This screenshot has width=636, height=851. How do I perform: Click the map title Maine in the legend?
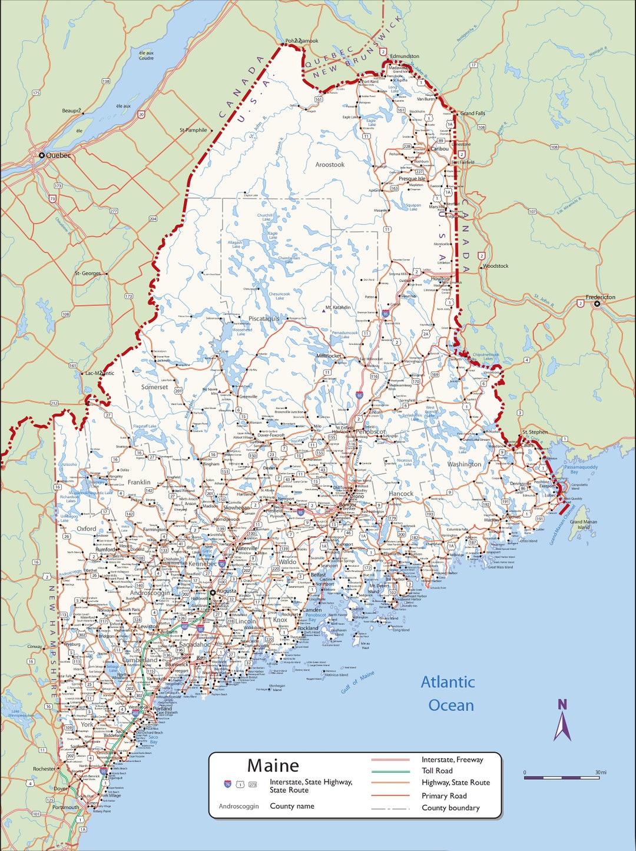tap(273, 766)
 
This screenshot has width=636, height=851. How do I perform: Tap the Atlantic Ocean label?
tap(448, 693)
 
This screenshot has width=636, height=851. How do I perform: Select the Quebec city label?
tap(58, 155)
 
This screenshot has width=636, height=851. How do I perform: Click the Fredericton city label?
tap(600, 297)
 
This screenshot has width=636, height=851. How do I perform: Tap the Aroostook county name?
tap(330, 165)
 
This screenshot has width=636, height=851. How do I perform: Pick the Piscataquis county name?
tap(264, 318)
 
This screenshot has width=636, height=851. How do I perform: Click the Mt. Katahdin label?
tap(338, 307)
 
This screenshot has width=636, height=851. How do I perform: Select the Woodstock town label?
tap(495, 266)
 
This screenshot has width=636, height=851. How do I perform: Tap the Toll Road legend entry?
tap(437, 770)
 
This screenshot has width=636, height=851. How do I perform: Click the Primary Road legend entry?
tap(444, 796)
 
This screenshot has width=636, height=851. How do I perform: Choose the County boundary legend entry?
tap(450, 808)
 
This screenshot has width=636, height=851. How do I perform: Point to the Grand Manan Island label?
tap(583, 524)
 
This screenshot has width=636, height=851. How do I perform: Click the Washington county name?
tap(464, 464)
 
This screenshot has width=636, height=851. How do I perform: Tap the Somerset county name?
tap(154, 387)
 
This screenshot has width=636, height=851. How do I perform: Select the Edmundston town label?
tap(405, 56)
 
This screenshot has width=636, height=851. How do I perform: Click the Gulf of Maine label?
tap(357, 682)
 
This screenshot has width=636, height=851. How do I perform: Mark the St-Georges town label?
tap(87, 273)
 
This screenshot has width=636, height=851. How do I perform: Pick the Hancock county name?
tap(401, 494)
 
